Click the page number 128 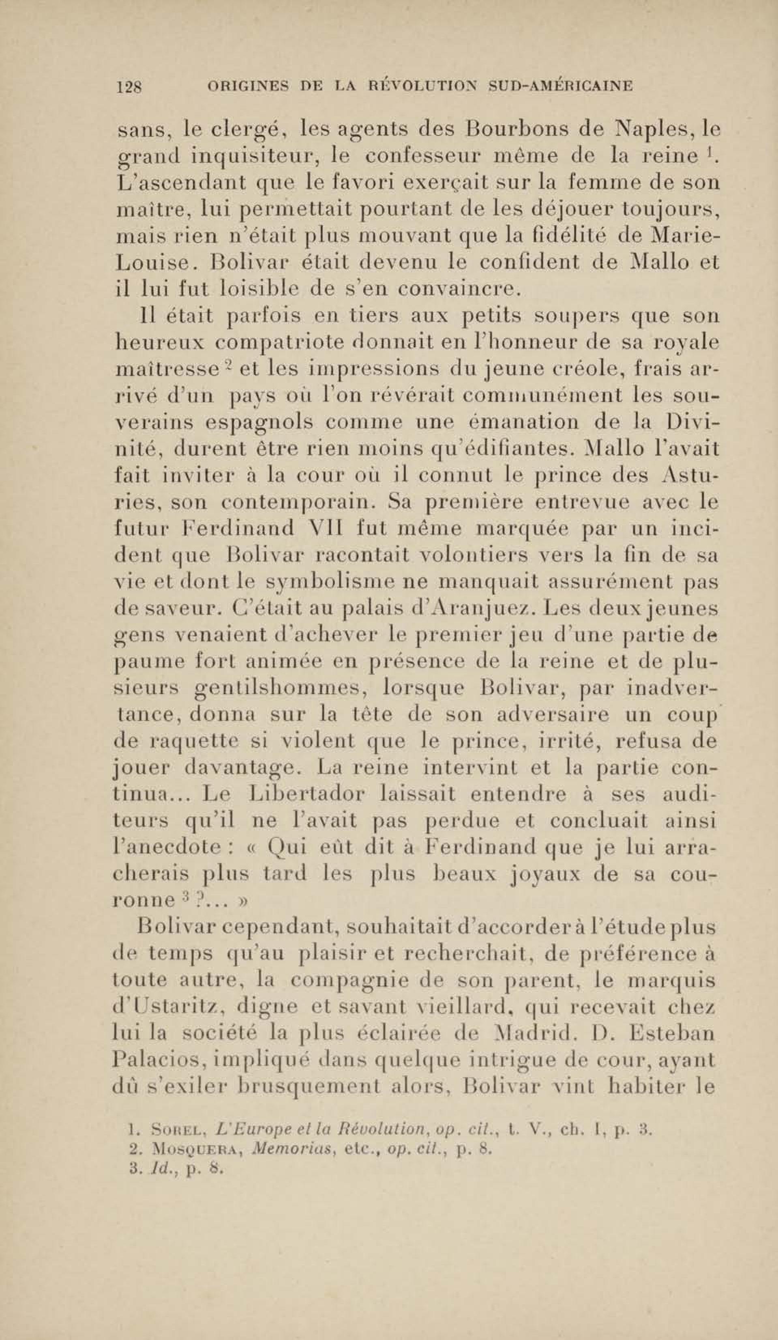point(128,86)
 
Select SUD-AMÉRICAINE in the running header point(561,86)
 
